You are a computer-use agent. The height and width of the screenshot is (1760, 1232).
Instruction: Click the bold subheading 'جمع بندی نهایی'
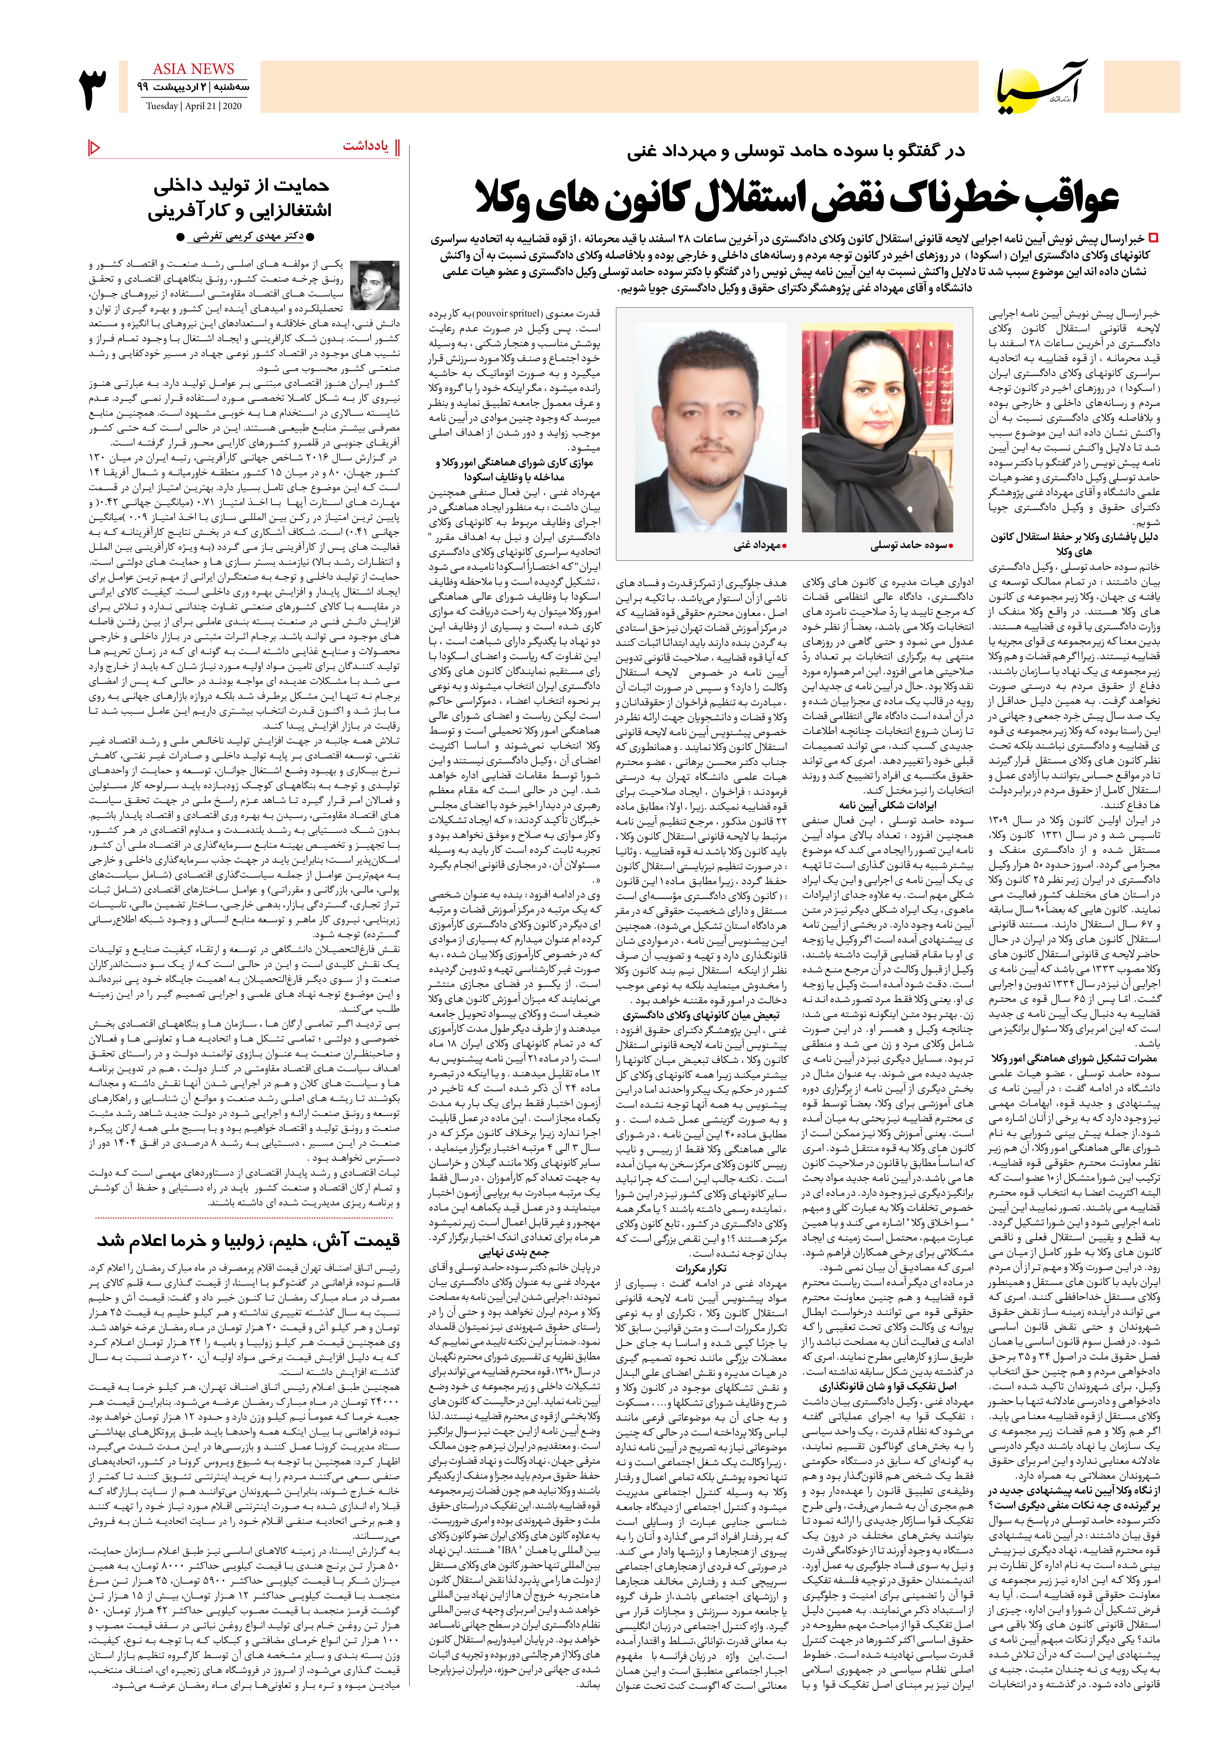[514, 1253]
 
